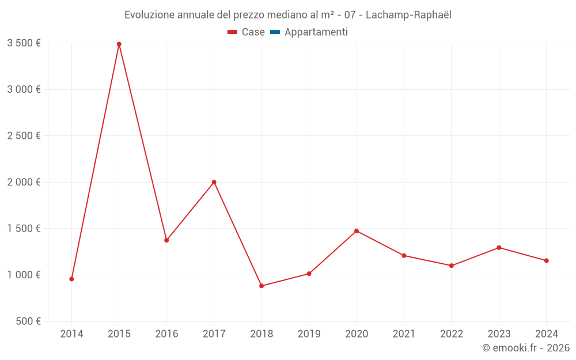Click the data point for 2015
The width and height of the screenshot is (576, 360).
click(119, 44)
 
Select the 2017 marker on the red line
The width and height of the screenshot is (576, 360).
click(214, 182)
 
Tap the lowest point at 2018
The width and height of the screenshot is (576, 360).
click(262, 286)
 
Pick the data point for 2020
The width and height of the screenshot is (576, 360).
click(357, 231)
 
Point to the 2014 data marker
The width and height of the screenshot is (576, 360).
click(71, 279)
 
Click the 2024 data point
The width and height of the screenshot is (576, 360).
click(546, 260)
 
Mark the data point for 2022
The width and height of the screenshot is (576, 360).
click(452, 266)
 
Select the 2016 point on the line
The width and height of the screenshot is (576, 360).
click(166, 240)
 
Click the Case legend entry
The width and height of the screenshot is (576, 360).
click(247, 32)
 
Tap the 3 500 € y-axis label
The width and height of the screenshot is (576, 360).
click(24, 43)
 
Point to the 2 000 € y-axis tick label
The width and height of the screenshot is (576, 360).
click(24, 182)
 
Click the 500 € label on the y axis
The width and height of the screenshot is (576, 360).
click(28, 321)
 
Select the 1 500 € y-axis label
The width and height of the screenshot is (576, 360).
click(24, 229)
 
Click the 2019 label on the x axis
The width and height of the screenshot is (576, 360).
click(309, 334)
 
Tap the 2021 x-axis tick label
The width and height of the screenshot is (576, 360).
click(404, 334)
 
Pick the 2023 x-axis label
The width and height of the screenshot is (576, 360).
click(499, 334)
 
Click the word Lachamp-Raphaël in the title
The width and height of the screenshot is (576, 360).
click(408, 15)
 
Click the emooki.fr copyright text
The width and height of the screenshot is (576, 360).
click(526, 348)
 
